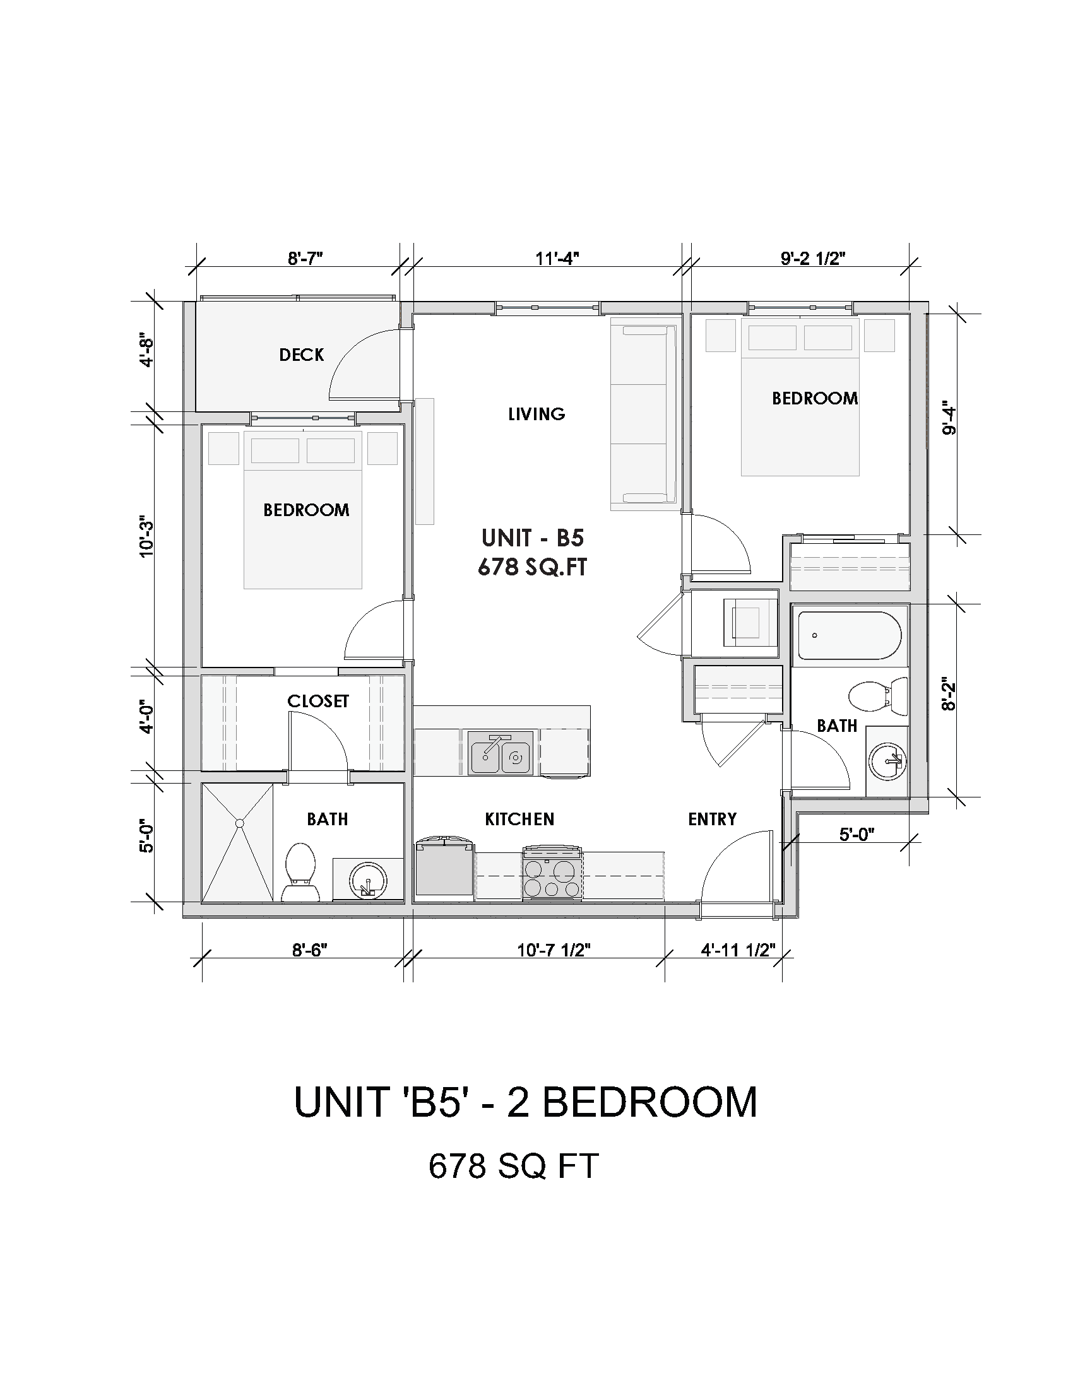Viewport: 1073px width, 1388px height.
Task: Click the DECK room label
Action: (301, 355)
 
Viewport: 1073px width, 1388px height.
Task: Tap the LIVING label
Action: (536, 415)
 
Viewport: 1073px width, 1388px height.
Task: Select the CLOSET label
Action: (318, 701)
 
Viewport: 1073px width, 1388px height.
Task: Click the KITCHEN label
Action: (519, 819)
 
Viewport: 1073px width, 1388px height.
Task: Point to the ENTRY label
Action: (712, 819)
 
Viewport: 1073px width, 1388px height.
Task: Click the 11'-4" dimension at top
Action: (557, 259)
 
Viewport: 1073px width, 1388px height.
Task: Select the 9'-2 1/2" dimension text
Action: (813, 259)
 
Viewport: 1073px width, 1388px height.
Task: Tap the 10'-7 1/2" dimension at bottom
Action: (554, 968)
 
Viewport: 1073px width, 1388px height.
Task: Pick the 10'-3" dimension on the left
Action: (147, 536)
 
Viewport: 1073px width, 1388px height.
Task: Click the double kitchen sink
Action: (501, 753)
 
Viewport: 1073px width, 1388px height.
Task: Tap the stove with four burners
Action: (552, 874)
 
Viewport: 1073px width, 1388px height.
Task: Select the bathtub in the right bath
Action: (849, 635)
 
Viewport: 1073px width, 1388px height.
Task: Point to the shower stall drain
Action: (240, 823)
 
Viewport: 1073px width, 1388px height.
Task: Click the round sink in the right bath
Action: (887, 761)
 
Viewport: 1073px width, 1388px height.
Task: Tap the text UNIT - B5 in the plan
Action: (533, 538)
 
